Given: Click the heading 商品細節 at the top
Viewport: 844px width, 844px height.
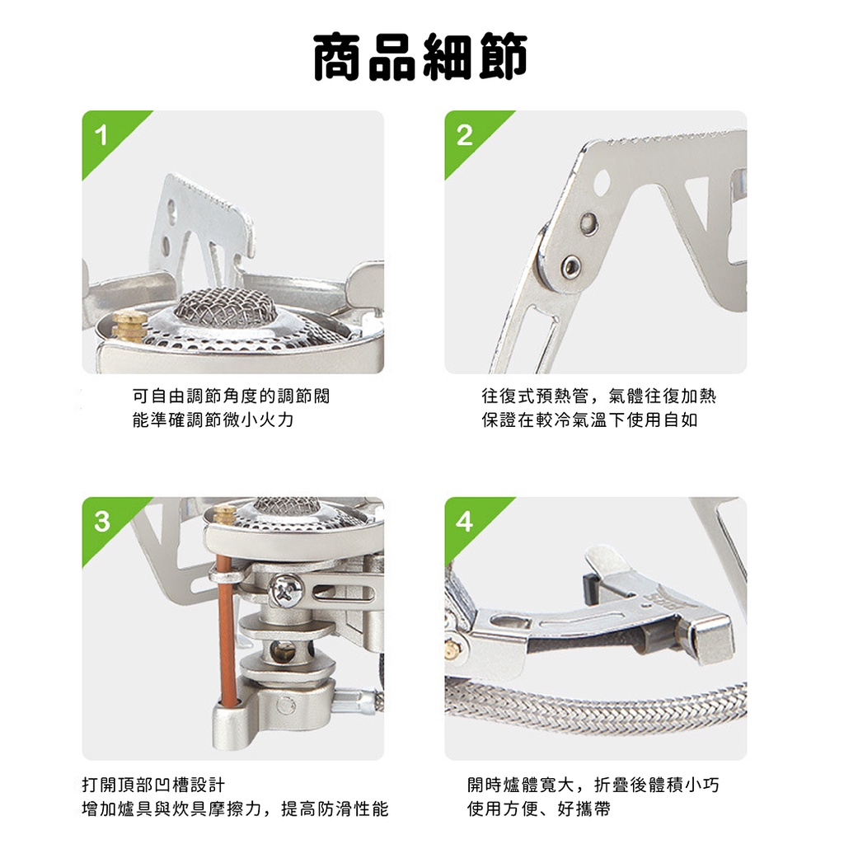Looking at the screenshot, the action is pyautogui.click(x=420, y=57).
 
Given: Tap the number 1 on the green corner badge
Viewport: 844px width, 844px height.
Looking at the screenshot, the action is pyautogui.click(x=101, y=136).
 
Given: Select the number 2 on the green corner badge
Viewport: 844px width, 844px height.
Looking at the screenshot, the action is pyautogui.click(x=464, y=136).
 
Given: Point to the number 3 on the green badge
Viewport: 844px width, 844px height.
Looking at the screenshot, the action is pyautogui.click(x=101, y=521).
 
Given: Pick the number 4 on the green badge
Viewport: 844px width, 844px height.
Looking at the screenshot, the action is pyautogui.click(x=464, y=521).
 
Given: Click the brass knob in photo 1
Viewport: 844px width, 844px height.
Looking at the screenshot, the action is pyautogui.click(x=129, y=325).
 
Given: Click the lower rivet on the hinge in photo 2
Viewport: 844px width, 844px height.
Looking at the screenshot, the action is pyautogui.click(x=570, y=265).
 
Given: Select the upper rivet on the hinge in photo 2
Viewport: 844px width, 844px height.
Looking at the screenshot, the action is pyautogui.click(x=588, y=222).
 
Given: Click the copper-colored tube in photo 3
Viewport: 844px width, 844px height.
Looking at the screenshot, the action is pyautogui.click(x=226, y=633).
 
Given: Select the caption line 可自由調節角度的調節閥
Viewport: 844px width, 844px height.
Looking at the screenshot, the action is pyautogui.click(x=231, y=396).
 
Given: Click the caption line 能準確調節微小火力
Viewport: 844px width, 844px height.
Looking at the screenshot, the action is pyautogui.click(x=213, y=420).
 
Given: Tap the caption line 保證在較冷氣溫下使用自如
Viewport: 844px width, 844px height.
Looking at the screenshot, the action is pyautogui.click(x=589, y=420).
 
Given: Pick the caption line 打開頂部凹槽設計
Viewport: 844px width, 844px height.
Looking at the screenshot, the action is pyautogui.click(x=153, y=785).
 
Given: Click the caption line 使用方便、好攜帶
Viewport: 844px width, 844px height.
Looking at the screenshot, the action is pyautogui.click(x=539, y=809).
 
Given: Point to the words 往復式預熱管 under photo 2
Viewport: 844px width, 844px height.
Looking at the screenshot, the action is pyautogui.click(x=535, y=396).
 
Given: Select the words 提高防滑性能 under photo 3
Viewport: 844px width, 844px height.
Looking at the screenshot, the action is pyautogui.click(x=335, y=809).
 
